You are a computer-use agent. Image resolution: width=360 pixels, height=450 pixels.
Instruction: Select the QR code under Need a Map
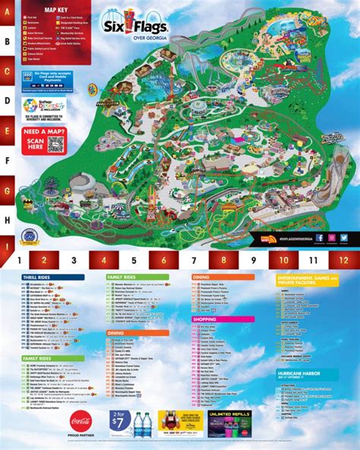pos(53,145)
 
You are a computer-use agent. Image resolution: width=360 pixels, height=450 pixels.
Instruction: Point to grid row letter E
pos(6,130)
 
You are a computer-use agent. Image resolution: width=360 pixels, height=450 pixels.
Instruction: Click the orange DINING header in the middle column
pos(117,332)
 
